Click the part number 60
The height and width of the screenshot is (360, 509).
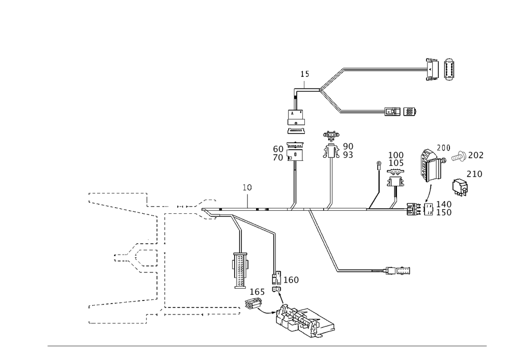(x=278, y=149)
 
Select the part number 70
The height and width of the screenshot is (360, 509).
(x=278, y=157)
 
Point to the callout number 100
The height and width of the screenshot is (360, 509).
(x=396, y=154)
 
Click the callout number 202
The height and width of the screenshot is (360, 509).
(x=476, y=155)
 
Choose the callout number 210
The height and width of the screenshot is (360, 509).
(x=475, y=175)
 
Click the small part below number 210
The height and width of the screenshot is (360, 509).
(x=461, y=187)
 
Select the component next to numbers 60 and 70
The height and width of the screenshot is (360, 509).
(x=295, y=152)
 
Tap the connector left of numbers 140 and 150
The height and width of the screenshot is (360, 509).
(x=418, y=209)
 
